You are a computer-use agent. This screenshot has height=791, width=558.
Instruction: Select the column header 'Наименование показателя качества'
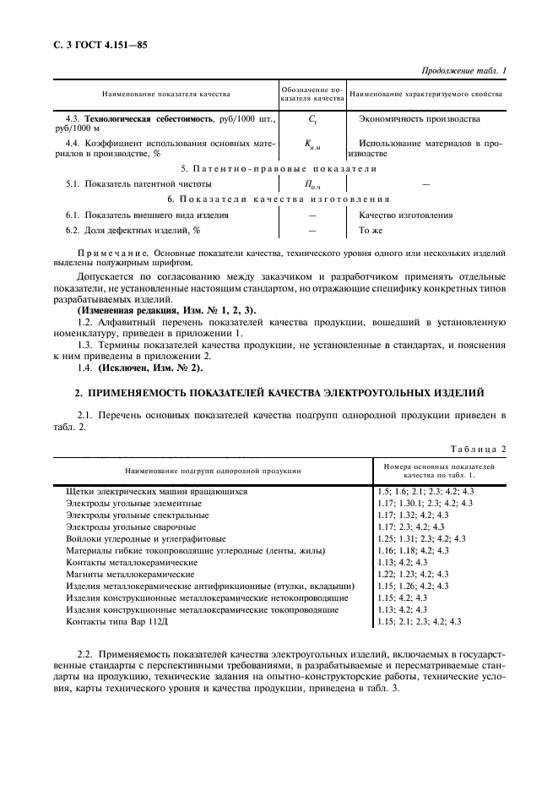tap(166, 94)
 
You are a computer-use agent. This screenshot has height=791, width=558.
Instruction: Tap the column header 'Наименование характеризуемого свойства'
tap(426, 94)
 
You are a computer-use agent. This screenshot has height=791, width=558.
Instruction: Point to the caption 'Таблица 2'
tap(478, 448)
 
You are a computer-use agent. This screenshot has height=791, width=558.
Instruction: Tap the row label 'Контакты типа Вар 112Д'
tap(116, 621)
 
